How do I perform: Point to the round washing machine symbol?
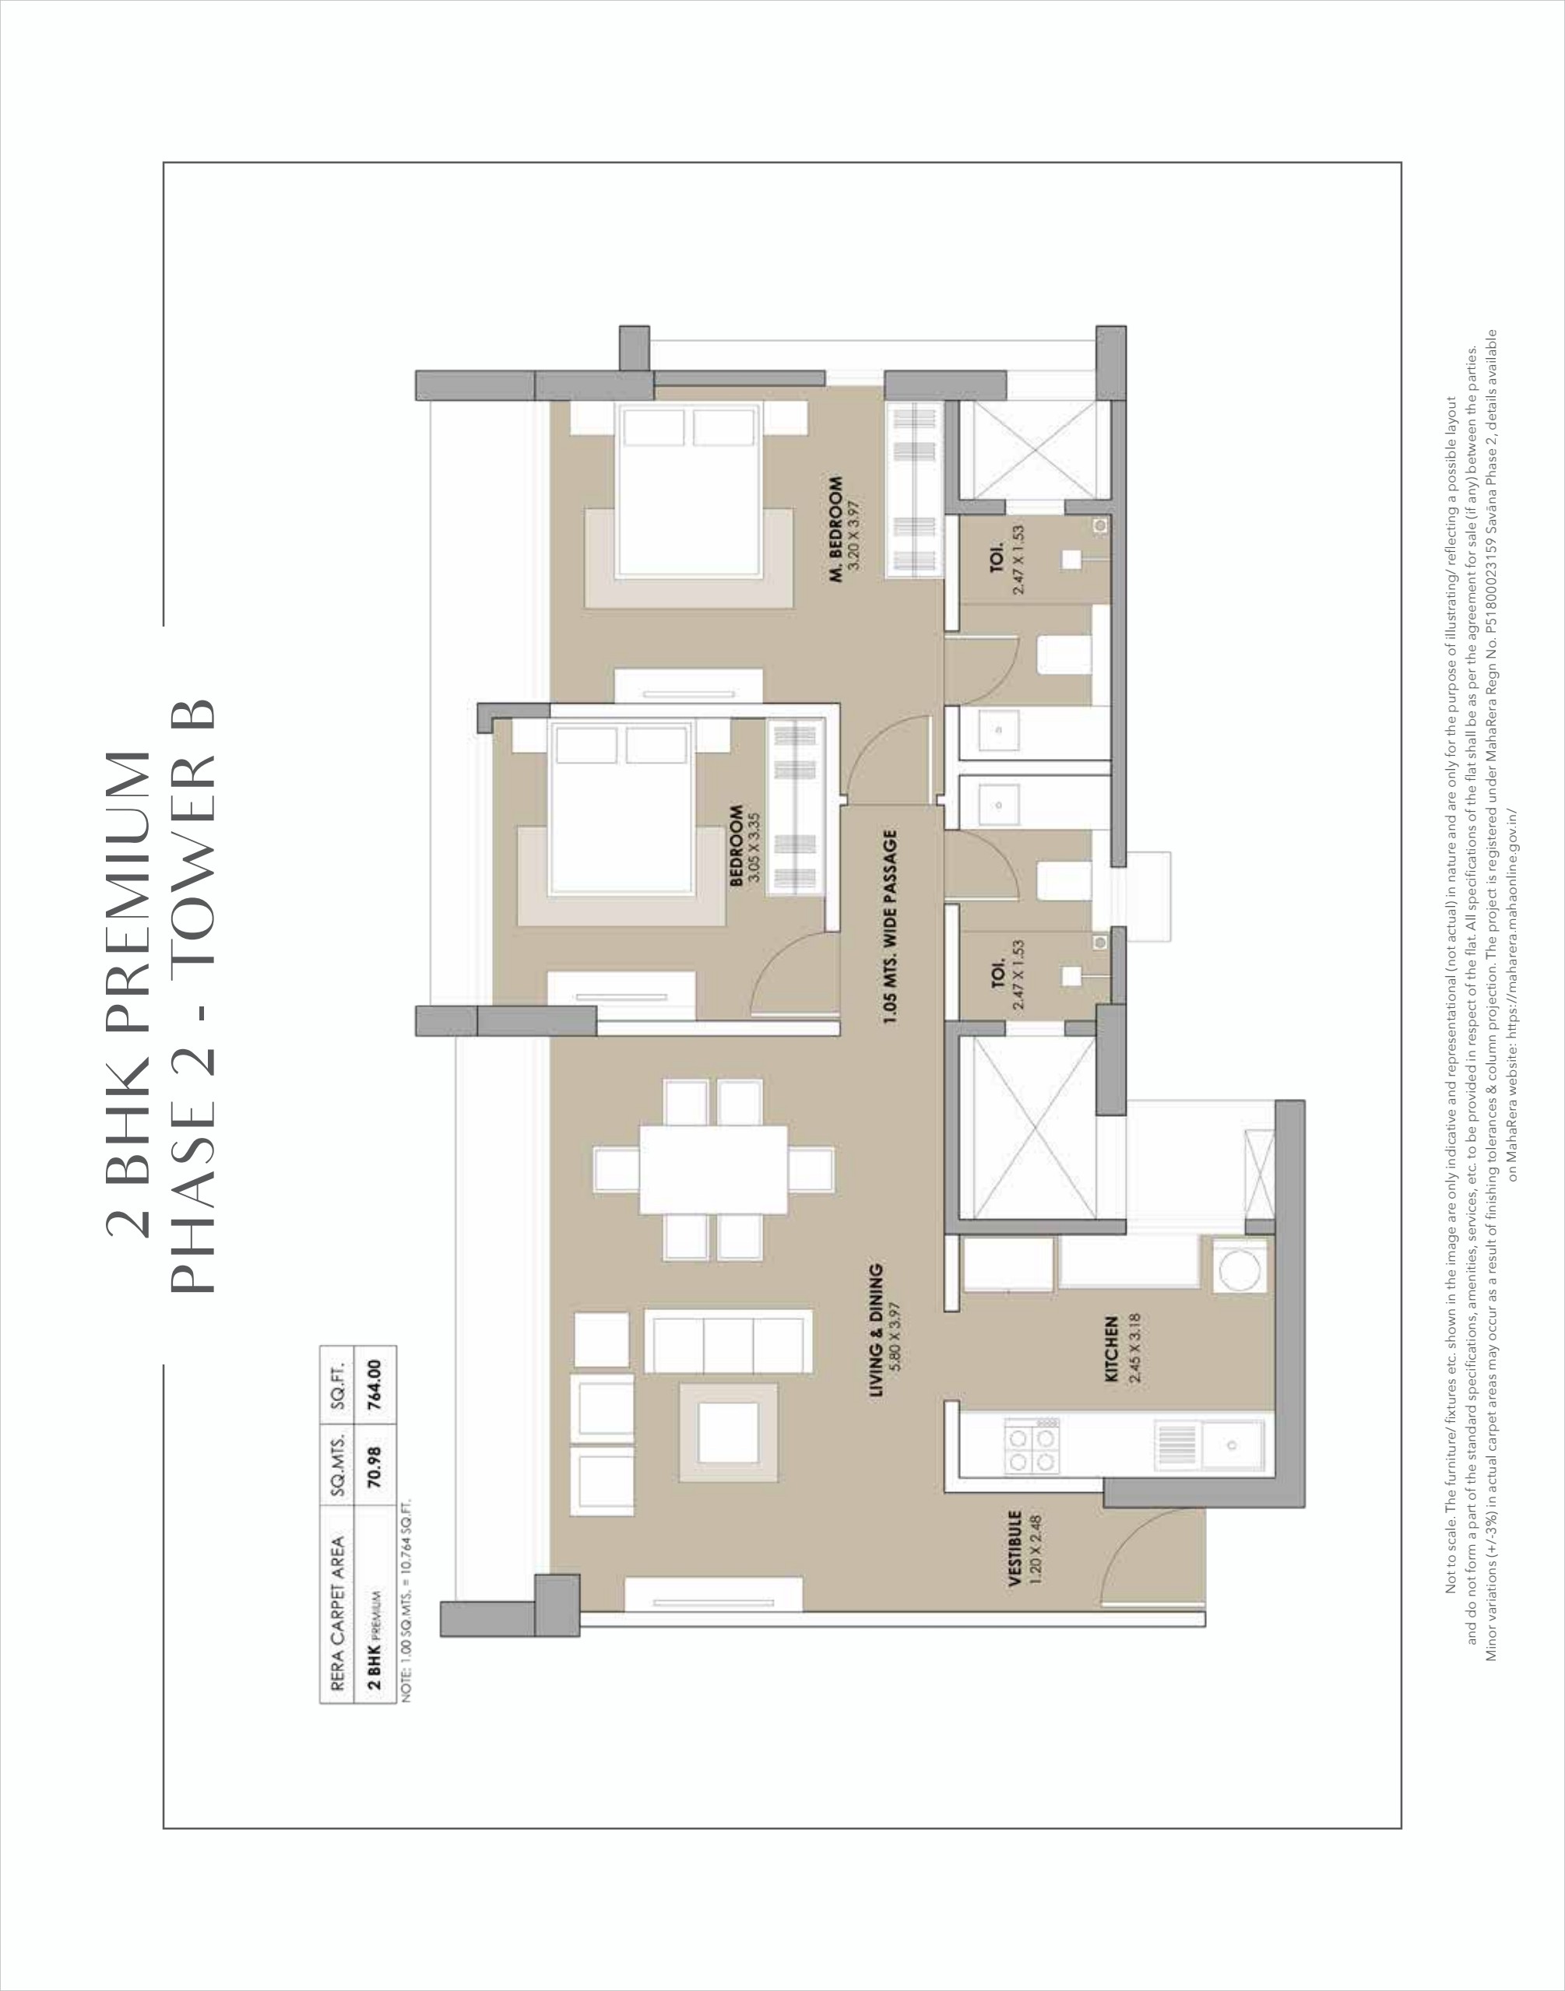coord(1238,1266)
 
